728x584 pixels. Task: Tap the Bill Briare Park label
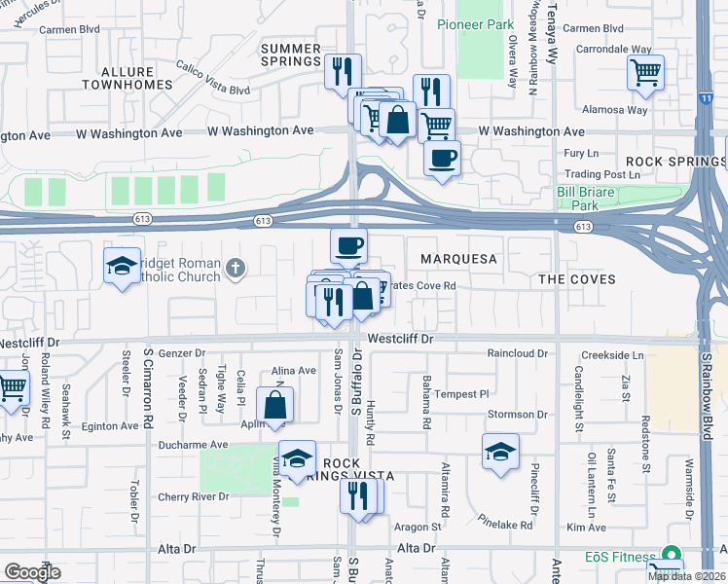click(x=586, y=199)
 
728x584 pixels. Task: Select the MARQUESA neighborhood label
click(x=458, y=259)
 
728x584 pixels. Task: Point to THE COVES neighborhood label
click(x=577, y=279)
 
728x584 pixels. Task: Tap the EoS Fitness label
click(x=620, y=557)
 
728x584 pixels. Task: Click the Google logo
click(x=32, y=571)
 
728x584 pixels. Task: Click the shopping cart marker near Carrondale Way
click(x=646, y=72)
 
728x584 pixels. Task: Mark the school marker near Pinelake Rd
click(x=500, y=451)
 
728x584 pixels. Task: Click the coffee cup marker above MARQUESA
click(x=348, y=244)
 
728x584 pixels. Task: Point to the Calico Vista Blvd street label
click(x=213, y=78)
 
